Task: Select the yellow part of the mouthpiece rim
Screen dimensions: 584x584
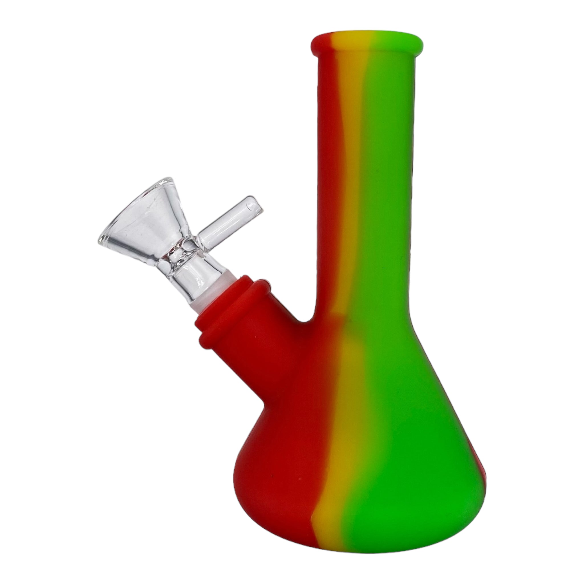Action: click(x=351, y=45)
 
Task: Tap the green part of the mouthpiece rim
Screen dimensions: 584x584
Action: click(x=396, y=45)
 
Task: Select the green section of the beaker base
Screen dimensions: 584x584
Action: click(x=408, y=469)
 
